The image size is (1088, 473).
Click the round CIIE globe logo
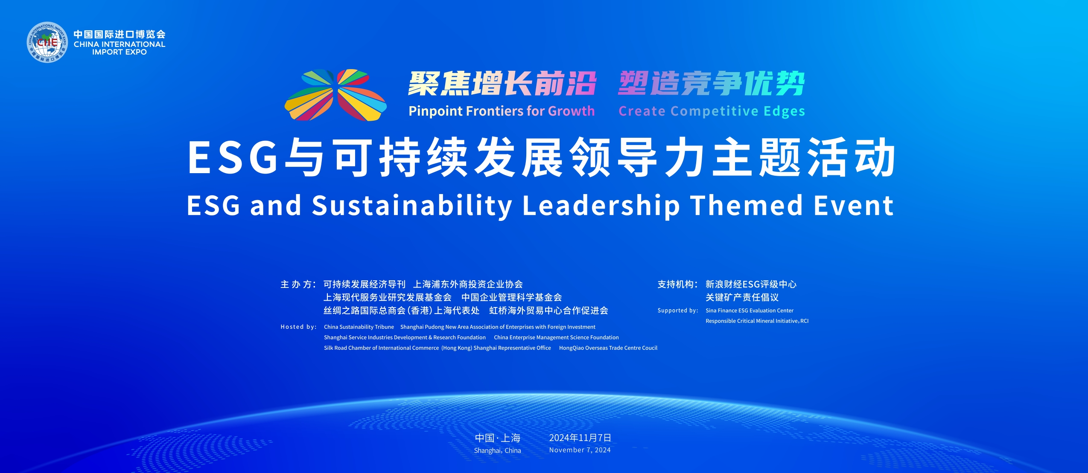point(47,42)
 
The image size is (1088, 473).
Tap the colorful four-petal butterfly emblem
point(335,95)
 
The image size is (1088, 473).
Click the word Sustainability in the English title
point(412,206)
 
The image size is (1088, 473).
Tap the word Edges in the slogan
point(784,111)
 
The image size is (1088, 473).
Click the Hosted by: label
point(298,327)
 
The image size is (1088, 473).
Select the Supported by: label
point(678,310)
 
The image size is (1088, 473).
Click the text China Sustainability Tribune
point(359,327)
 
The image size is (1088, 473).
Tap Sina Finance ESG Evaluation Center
point(750,310)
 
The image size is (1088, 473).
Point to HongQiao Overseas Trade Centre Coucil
point(608,348)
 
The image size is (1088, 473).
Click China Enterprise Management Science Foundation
point(556,337)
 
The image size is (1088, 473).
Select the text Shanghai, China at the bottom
point(497,450)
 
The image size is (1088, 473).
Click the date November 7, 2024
point(580,450)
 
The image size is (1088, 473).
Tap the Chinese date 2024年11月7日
point(580,438)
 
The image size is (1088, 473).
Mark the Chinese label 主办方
point(298,284)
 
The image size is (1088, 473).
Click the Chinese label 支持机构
point(677,284)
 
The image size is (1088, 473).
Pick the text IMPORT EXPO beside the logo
point(120,52)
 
